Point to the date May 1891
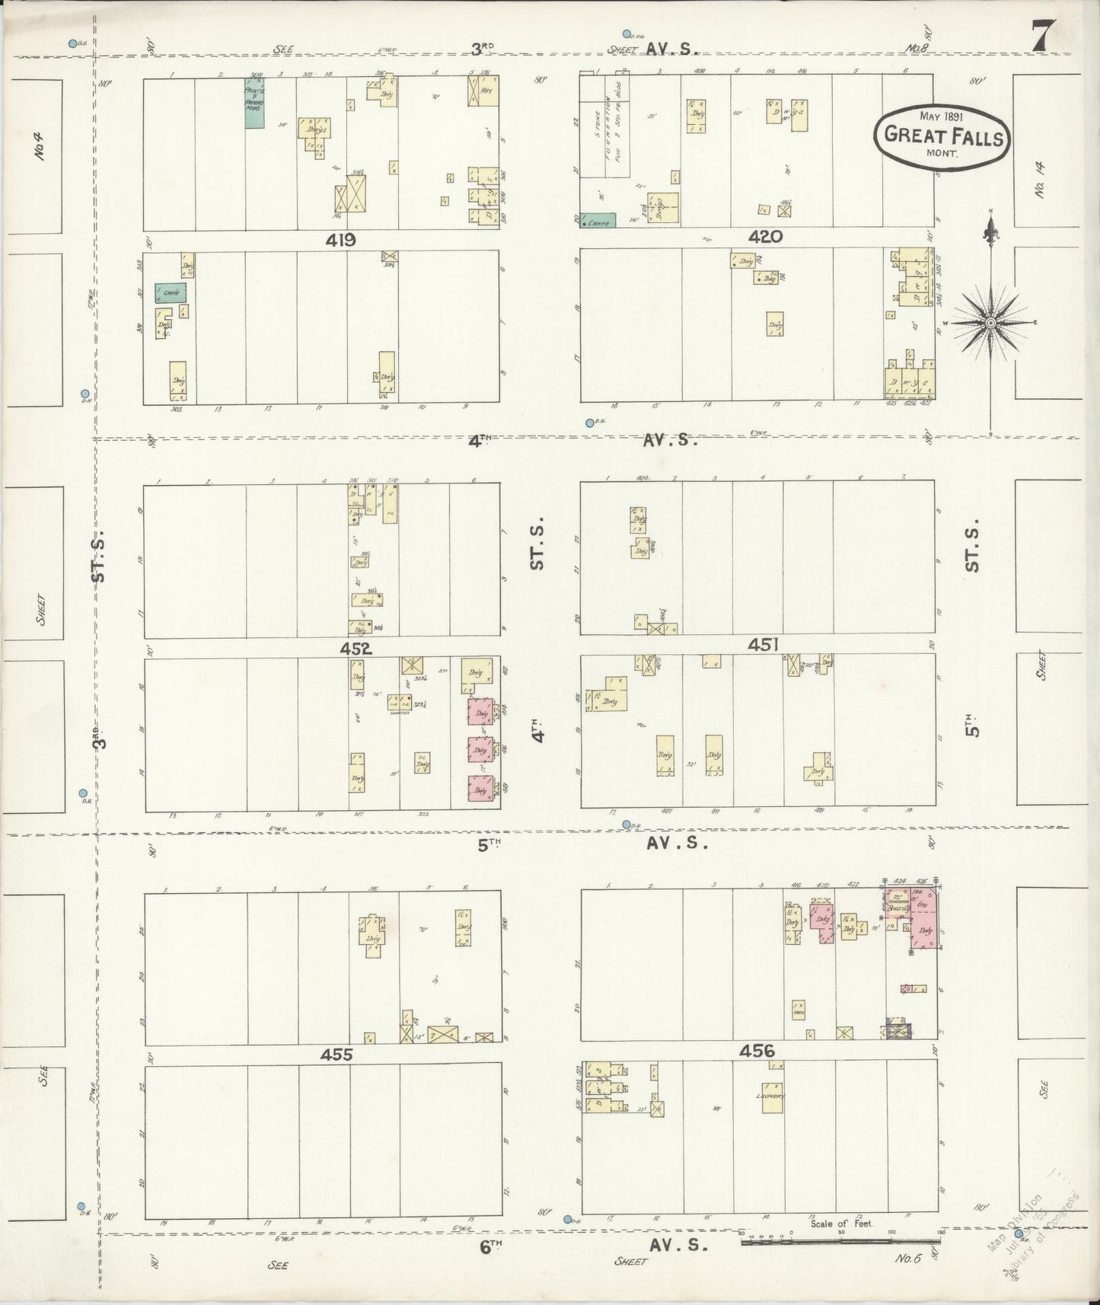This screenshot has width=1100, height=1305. click(941, 116)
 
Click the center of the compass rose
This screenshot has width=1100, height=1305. click(990, 323)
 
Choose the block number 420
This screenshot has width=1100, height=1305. click(764, 238)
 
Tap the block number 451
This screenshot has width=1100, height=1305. click(763, 645)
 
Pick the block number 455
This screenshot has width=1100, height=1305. click(336, 1055)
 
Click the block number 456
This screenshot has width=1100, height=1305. click(757, 1051)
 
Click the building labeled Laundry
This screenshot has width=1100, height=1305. click(773, 1098)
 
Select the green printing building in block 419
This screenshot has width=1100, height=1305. click(254, 104)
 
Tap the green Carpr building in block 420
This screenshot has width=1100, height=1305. click(598, 221)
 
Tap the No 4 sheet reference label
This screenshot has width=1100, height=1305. click(40, 147)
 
